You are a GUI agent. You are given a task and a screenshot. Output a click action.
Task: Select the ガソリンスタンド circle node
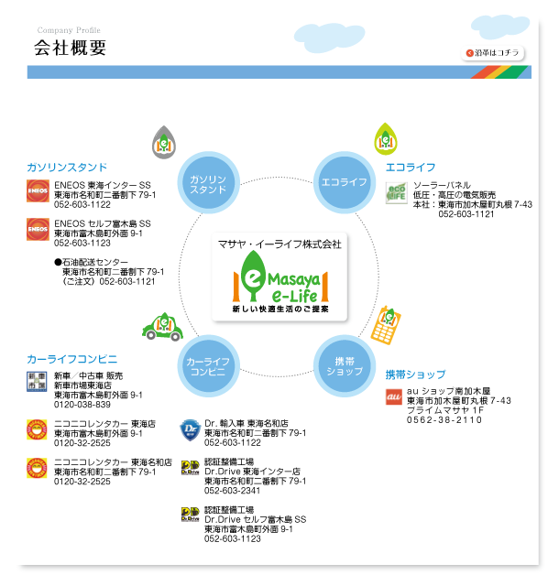click(x=208, y=184)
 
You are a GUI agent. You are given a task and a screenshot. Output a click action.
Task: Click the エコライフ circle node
click(x=344, y=183)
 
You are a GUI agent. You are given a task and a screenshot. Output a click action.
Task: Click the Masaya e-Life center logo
click(x=279, y=282)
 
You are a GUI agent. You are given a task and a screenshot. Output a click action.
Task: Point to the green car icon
click(x=162, y=327)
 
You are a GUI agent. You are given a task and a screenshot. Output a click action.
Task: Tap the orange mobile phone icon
click(x=390, y=321)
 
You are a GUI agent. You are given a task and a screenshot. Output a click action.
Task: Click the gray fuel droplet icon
click(x=163, y=141)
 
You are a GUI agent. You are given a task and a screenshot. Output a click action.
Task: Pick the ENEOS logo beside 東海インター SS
click(x=38, y=190)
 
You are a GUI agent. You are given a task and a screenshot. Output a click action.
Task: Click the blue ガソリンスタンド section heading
click(x=67, y=168)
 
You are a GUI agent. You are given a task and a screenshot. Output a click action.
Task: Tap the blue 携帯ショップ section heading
click(x=415, y=374)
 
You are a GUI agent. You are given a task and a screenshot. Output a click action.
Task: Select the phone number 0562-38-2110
click(x=444, y=419)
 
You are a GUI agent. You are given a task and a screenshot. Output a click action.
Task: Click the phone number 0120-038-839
click(x=82, y=404)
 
